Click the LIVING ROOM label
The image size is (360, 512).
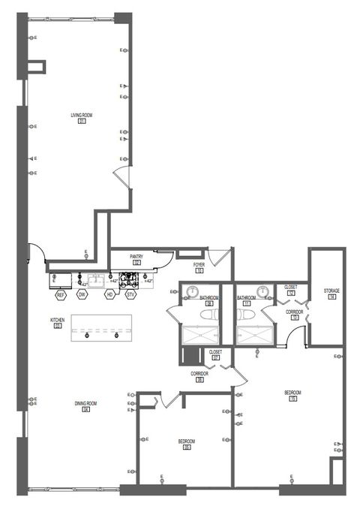click(x=81, y=115)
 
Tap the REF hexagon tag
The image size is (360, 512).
click(x=61, y=295)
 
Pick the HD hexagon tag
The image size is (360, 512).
click(x=109, y=295)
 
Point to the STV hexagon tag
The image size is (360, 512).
click(x=131, y=295)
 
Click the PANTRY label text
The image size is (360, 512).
click(x=136, y=257)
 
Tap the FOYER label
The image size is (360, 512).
click(x=199, y=265)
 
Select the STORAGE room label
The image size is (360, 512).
click(x=331, y=291)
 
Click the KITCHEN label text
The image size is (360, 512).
click(x=58, y=320)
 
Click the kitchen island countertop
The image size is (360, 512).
click(x=101, y=328)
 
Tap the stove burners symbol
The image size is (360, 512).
click(x=127, y=280)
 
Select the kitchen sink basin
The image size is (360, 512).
click(x=96, y=280)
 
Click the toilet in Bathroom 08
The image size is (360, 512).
click(x=210, y=316)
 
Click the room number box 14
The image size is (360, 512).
click(x=331, y=297)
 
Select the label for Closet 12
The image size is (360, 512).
click(x=291, y=287)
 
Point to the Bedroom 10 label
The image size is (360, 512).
click(x=292, y=393)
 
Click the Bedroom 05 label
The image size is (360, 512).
click(x=187, y=441)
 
